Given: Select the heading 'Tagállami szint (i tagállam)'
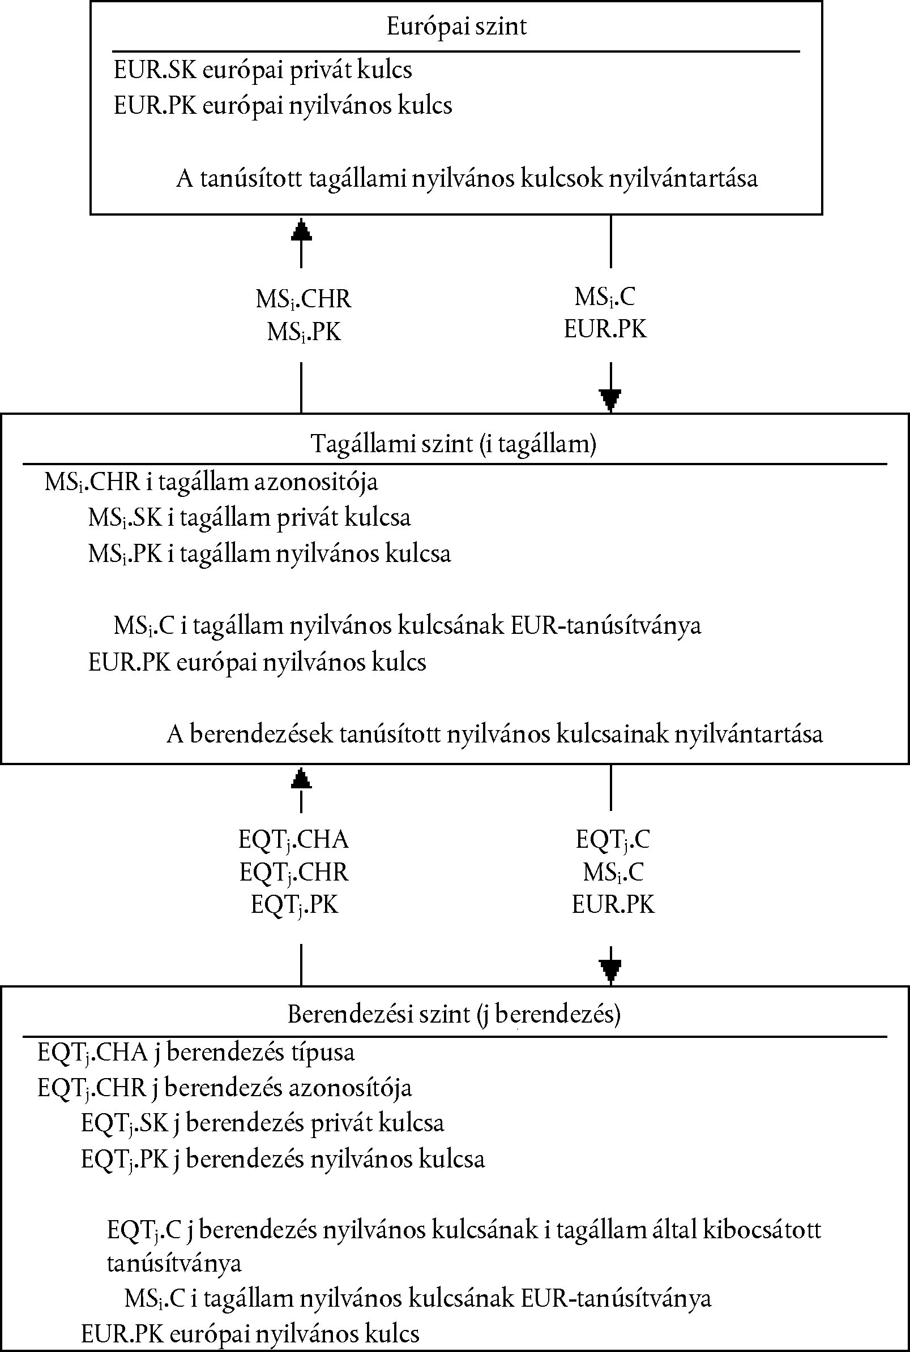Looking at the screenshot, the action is point(454,444).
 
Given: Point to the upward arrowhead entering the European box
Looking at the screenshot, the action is point(301,229).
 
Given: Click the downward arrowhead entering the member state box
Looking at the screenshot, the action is point(610,400).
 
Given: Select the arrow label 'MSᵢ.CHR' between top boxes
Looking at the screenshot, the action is point(304,300).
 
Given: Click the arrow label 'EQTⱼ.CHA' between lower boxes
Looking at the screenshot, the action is point(294,840).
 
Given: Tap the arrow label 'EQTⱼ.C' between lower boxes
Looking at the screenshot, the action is point(613,840).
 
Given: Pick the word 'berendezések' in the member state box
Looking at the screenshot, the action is point(261,735).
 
